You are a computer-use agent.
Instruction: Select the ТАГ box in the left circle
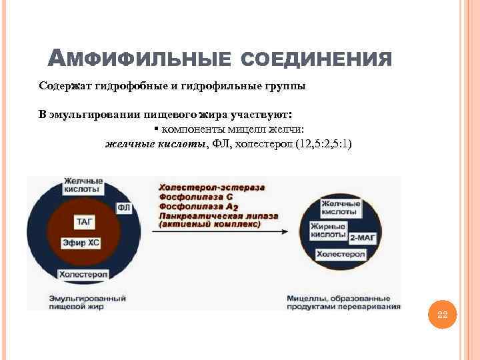click(x=85, y=221)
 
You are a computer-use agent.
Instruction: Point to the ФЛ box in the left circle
click(x=123, y=208)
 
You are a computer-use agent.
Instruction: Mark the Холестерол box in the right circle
click(x=341, y=255)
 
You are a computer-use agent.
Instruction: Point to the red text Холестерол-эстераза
click(x=211, y=187)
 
